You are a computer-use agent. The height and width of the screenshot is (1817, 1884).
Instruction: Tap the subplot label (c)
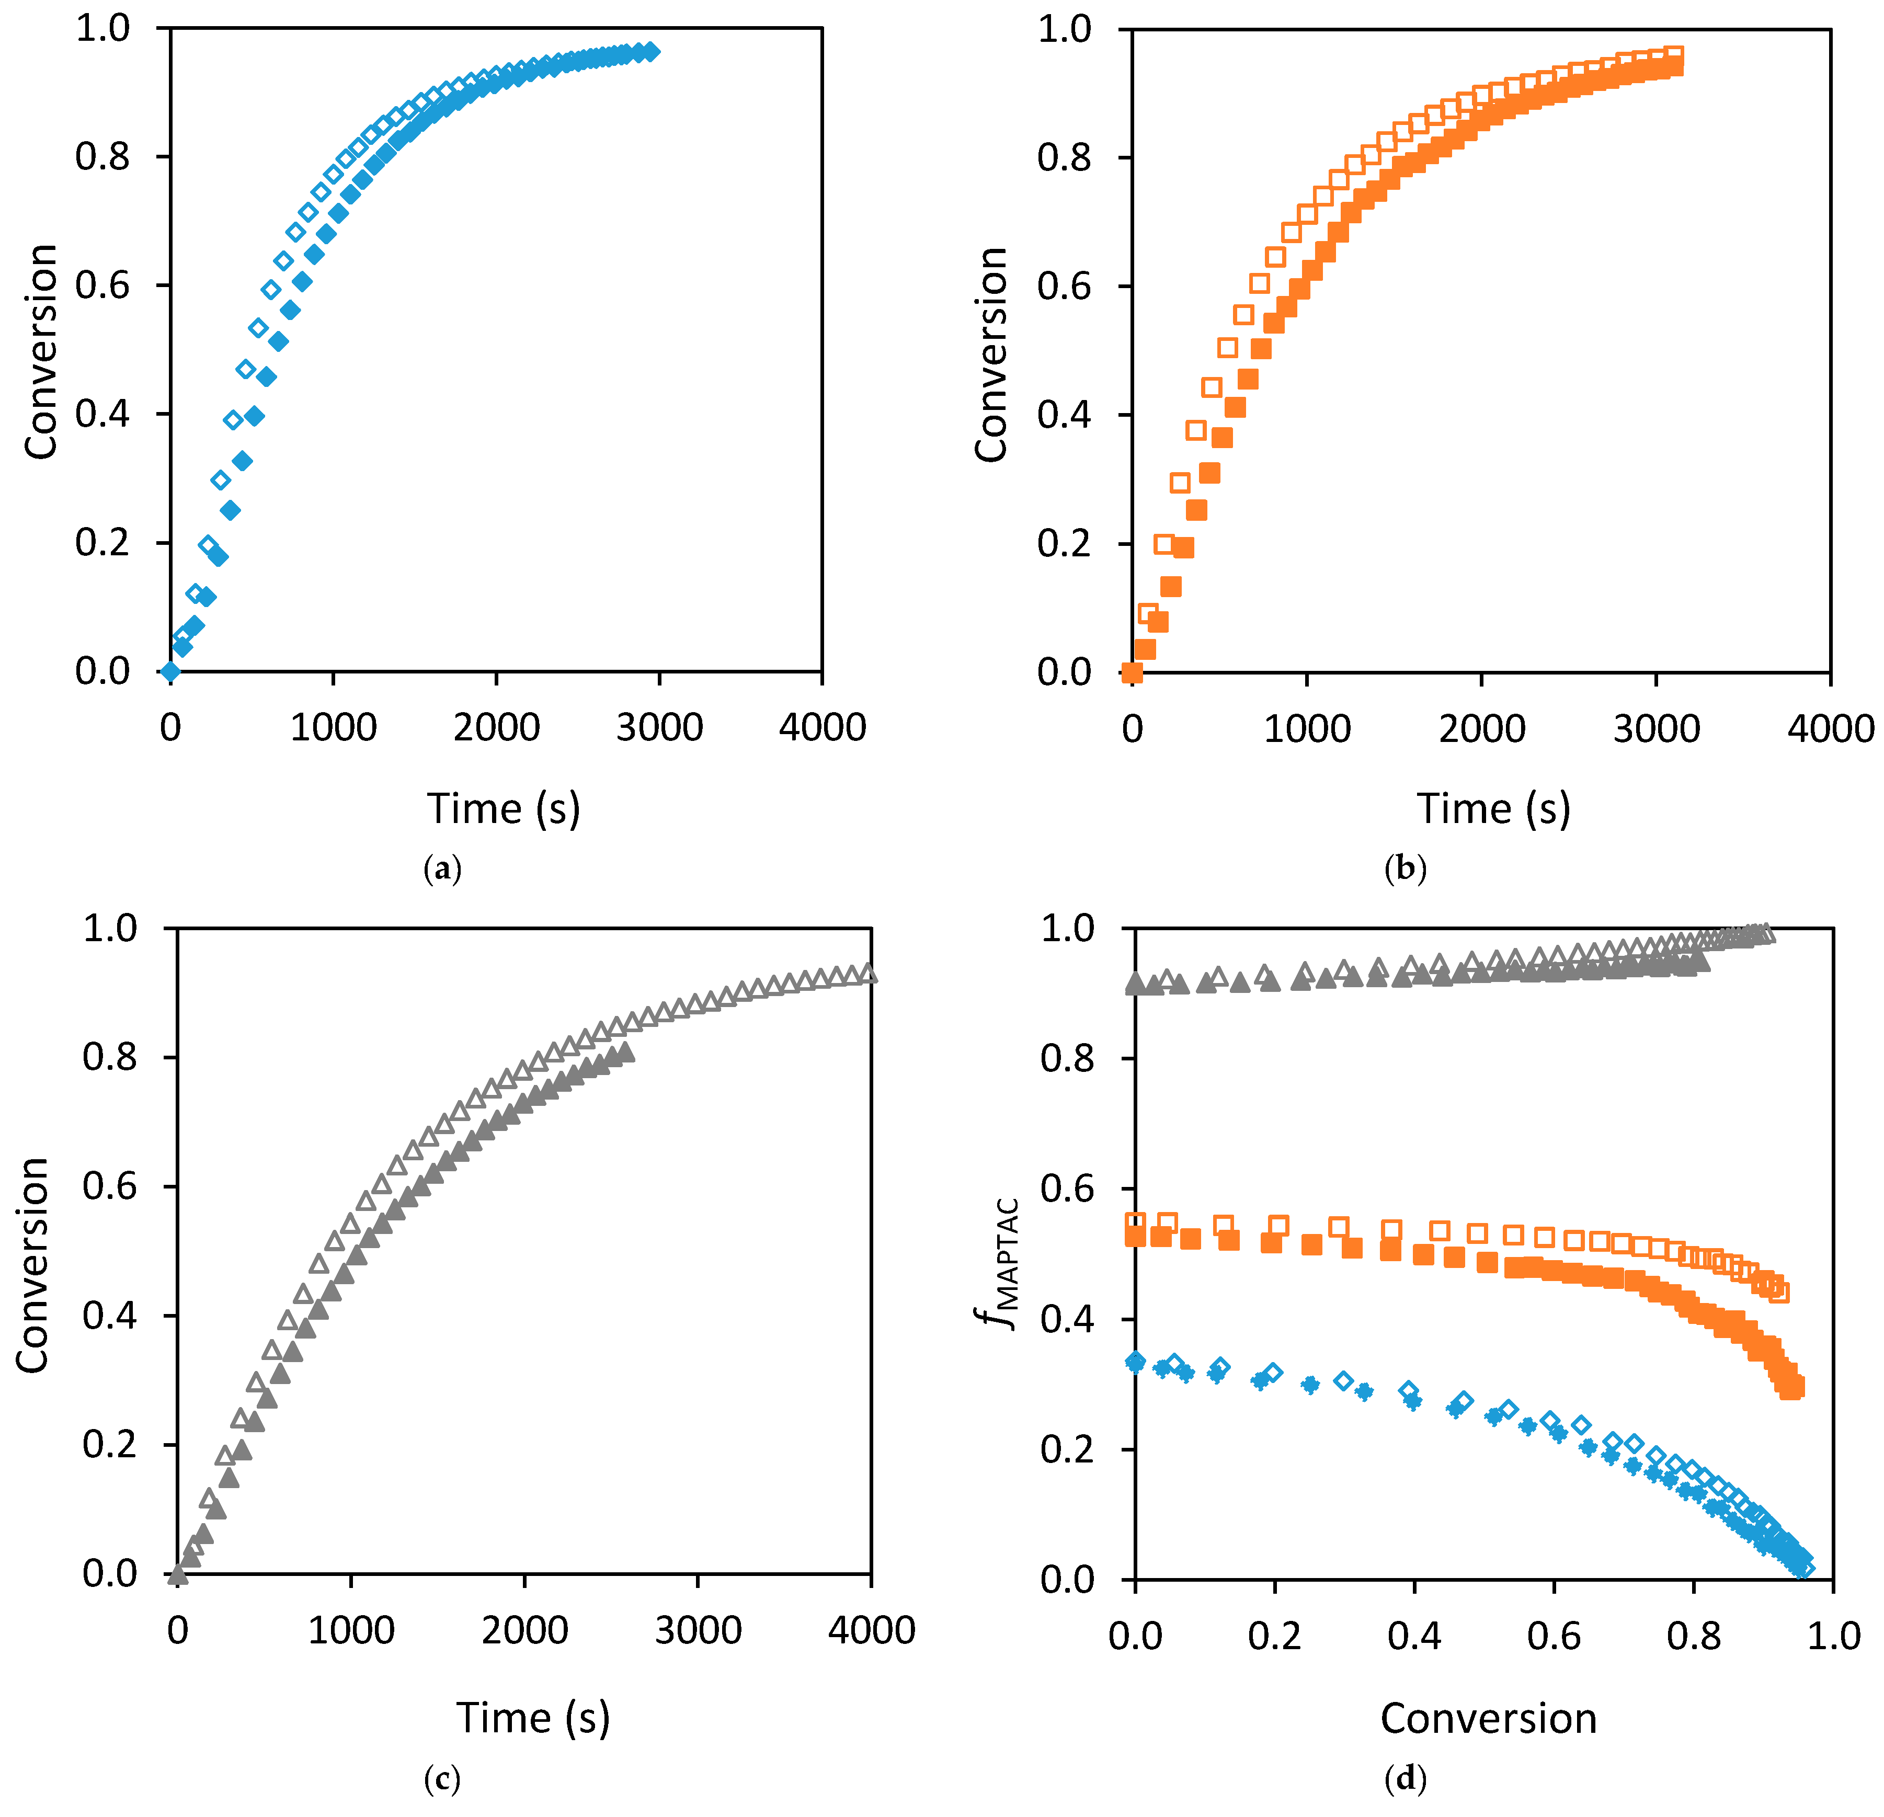tap(442, 1778)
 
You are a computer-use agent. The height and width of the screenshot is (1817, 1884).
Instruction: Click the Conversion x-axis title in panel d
tap(1488, 1719)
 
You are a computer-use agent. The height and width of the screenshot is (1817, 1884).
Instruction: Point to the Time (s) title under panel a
tap(504, 808)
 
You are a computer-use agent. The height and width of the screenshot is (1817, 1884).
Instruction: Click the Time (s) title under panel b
tap(1493, 808)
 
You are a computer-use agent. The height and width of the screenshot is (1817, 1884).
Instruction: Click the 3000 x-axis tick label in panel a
tap(659, 728)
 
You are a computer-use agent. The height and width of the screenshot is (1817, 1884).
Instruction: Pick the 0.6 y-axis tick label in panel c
tap(110, 1186)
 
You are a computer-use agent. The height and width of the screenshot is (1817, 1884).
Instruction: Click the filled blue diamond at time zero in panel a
tap(170, 671)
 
